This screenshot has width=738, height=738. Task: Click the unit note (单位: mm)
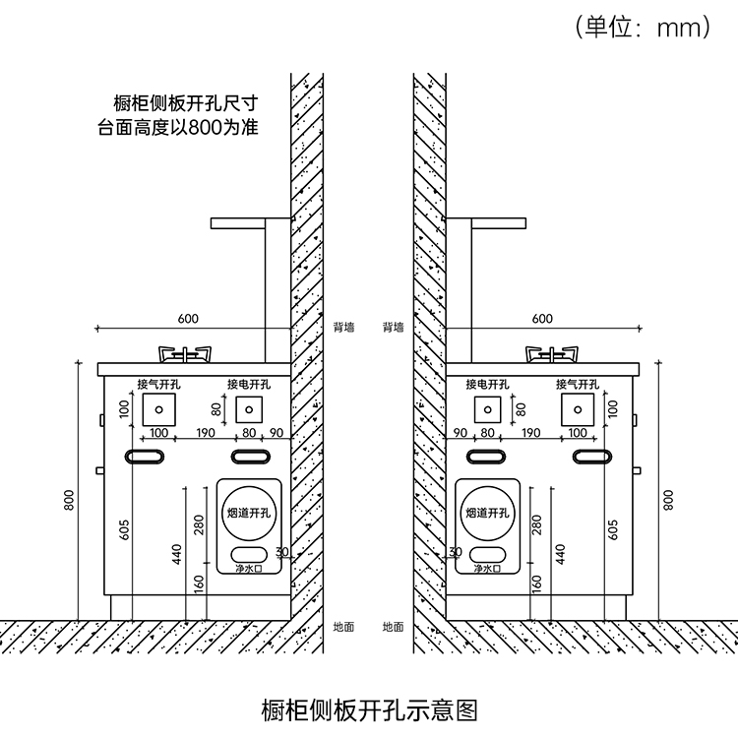(x=642, y=27)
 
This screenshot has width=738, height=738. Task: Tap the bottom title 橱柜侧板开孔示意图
(x=369, y=710)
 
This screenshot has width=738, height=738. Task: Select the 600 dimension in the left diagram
(x=188, y=319)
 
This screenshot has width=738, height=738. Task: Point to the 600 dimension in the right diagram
(x=542, y=319)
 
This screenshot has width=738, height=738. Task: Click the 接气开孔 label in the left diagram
(x=158, y=384)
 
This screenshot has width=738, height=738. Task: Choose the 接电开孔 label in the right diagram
(x=488, y=384)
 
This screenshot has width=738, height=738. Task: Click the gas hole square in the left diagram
(x=159, y=409)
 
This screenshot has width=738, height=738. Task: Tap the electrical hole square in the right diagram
(x=488, y=409)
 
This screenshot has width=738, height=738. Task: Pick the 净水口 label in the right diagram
(x=488, y=569)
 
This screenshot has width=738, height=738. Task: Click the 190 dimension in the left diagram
(x=206, y=433)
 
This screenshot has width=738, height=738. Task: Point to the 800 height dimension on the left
(x=69, y=500)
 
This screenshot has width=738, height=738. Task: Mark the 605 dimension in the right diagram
(x=613, y=529)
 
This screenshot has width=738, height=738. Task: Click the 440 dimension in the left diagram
(x=176, y=554)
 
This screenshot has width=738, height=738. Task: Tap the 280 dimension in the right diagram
(x=537, y=524)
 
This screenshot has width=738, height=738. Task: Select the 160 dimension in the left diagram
(x=200, y=584)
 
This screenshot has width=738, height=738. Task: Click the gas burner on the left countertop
(x=185, y=354)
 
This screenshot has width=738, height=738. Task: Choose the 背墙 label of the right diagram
(x=393, y=327)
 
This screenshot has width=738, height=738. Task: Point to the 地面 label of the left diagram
(x=343, y=627)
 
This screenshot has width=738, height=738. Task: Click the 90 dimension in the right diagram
(x=460, y=433)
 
